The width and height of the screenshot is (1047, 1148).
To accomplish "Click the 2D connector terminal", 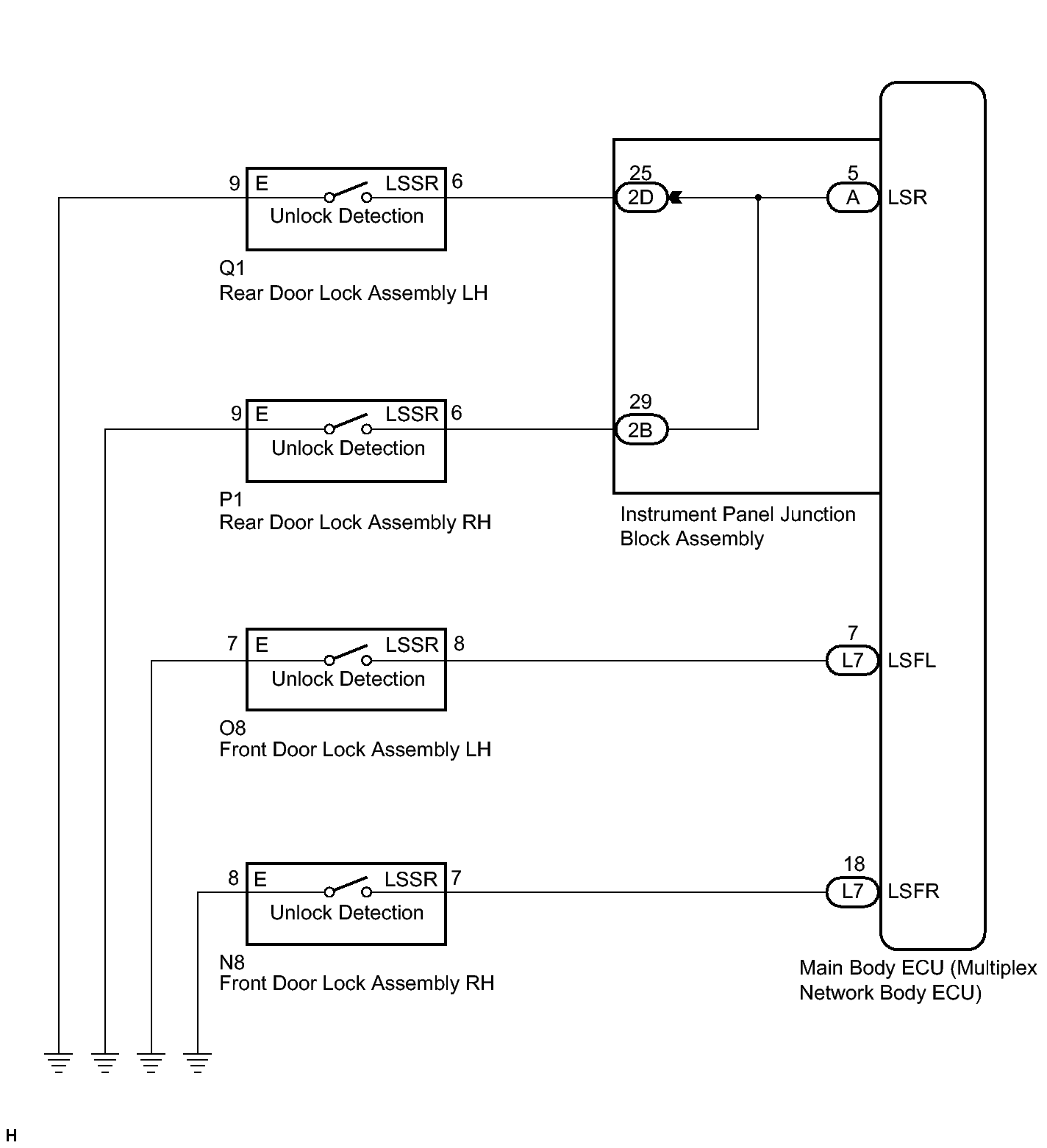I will coord(640,198).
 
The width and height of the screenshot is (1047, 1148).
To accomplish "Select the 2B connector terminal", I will coord(640,430).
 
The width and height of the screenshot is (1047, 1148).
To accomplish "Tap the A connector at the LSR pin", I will coord(853,198).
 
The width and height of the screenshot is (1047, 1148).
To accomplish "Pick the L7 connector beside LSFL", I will coord(853,661).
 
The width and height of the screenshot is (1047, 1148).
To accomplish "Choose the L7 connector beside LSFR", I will coord(853,892).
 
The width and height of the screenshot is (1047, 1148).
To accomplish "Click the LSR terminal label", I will coord(907,198).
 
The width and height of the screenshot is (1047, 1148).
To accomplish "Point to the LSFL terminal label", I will coord(912,661).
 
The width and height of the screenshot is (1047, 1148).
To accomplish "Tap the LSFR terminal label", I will coord(913,892).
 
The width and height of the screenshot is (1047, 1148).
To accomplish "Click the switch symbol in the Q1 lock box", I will coord(348,193).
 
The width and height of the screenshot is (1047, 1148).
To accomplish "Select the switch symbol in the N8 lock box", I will coord(348,887).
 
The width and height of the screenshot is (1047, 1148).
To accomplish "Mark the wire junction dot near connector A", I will coord(758,198).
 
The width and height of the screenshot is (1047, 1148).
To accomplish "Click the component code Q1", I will coord(232,268).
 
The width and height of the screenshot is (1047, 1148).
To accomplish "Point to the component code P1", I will coord(231,500).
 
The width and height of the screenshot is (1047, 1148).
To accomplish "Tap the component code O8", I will coord(232,728).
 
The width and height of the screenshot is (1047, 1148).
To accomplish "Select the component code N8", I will coord(232,962).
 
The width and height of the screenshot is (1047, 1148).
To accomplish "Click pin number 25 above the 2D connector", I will coord(640,173).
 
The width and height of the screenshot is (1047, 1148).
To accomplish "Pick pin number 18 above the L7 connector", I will coord(854,864).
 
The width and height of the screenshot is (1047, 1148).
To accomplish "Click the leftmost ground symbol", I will coord(59,1062).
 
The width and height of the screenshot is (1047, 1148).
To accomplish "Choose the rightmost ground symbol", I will coord(198,1062).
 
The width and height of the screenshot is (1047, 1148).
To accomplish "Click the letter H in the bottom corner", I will coord(11,1136).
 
